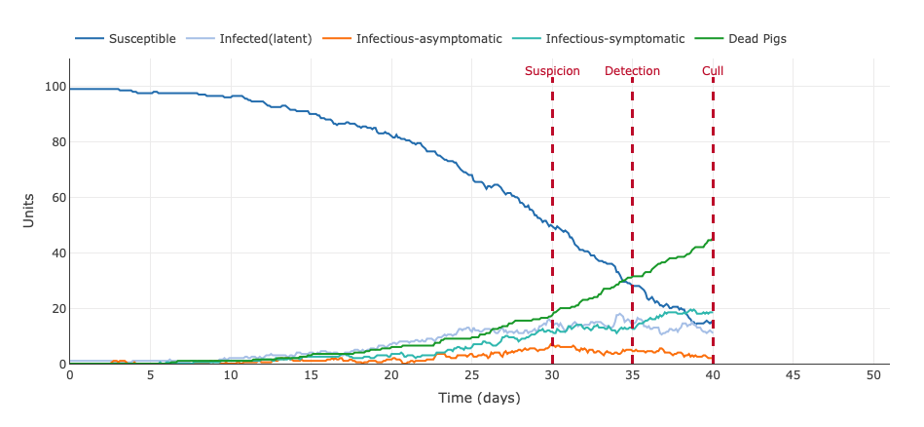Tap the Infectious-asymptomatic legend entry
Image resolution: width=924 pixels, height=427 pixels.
428,39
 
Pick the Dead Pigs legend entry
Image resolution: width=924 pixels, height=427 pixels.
756,39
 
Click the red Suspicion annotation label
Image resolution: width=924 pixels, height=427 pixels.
552,71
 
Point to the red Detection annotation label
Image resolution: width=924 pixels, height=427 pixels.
632,71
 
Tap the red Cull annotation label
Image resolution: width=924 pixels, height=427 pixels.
713,71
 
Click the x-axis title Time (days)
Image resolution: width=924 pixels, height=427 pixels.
479,398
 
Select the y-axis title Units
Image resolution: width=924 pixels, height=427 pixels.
28,212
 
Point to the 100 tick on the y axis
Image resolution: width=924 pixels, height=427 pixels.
54,87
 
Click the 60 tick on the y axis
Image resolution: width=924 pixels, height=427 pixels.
56,198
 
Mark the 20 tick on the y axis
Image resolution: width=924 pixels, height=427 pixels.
56,309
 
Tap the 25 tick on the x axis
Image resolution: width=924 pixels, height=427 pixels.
471,375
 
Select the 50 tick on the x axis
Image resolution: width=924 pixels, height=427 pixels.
873,375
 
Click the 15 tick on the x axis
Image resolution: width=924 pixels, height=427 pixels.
311,375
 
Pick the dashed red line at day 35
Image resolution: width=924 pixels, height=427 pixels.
632,195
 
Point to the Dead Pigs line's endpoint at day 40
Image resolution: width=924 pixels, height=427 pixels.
713,239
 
